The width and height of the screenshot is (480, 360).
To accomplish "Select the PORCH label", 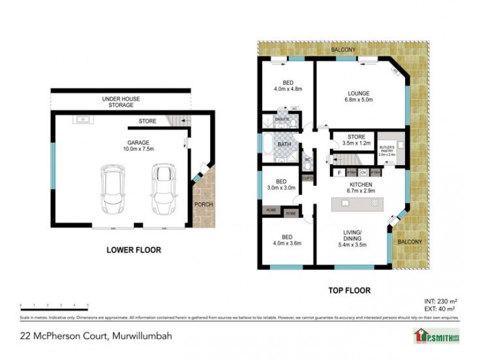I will (203, 205).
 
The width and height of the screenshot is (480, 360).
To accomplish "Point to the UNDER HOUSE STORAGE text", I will (121, 101).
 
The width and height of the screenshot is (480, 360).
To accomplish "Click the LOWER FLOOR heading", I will (133, 250).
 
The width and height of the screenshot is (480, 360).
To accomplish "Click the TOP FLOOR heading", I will (349, 290).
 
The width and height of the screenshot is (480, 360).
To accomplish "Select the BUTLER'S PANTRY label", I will (387, 148).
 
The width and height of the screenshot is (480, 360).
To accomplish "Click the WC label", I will (307, 160).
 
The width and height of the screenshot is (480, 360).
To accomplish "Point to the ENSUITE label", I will (282, 119).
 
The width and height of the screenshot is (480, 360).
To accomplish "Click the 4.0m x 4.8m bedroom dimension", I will (287, 89).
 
